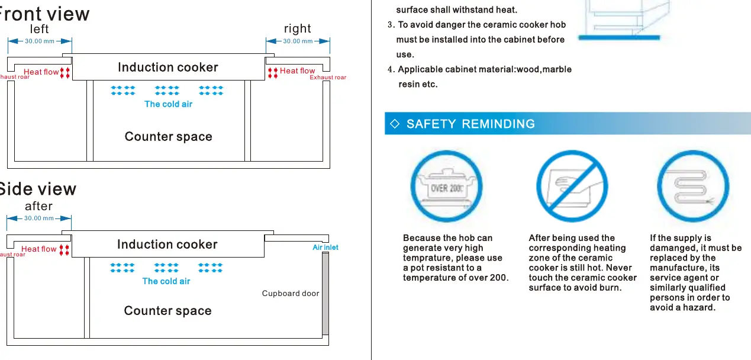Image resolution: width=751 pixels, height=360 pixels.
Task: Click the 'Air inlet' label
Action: (x=325, y=247)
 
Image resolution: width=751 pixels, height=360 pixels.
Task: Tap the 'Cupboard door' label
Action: (x=291, y=293)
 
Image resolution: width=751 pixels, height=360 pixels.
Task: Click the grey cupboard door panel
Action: (x=325, y=294)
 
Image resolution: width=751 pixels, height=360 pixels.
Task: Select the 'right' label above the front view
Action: (x=298, y=29)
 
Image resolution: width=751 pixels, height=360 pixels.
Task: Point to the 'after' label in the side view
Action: (x=38, y=206)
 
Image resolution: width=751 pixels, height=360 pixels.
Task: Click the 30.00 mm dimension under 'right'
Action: (x=298, y=41)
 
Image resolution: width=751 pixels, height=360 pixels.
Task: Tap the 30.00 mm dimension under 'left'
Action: (x=40, y=41)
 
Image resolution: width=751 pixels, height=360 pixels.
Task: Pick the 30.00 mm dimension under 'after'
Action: (x=39, y=218)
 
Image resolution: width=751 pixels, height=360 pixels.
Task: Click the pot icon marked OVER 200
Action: (x=446, y=186)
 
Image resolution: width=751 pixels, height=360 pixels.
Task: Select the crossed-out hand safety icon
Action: (x=572, y=186)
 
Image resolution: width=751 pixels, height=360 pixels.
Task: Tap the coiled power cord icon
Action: (x=693, y=186)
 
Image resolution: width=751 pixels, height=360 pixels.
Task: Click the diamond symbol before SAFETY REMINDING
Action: (x=395, y=124)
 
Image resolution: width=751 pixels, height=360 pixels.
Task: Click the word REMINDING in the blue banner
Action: (x=498, y=124)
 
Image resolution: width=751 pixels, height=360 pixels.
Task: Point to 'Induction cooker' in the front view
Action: (x=168, y=67)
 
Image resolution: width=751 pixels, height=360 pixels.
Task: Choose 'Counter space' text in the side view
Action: (x=167, y=311)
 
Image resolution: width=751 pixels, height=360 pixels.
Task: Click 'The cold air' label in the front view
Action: (x=168, y=104)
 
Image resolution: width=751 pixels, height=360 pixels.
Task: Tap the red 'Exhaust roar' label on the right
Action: (x=328, y=78)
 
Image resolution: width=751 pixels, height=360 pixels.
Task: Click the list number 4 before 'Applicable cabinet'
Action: (x=391, y=69)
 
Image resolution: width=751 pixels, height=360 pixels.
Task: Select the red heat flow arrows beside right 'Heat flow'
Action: (x=273, y=73)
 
